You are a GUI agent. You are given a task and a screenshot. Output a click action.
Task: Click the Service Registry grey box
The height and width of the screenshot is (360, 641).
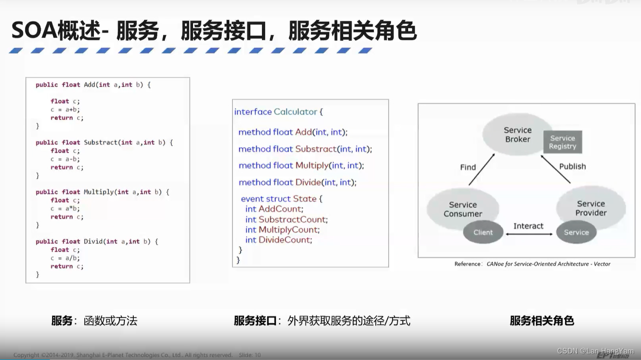point(562,142)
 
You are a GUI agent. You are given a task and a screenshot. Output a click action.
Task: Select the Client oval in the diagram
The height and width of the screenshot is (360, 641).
point(483,232)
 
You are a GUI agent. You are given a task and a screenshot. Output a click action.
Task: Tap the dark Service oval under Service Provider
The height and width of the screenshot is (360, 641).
point(576,232)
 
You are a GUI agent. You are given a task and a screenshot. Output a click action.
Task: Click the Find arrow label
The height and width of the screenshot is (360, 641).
point(468,167)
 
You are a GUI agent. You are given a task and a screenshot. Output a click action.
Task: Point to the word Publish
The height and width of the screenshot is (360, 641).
point(573,167)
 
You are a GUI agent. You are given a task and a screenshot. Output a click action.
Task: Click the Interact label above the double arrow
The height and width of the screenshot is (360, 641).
point(528,226)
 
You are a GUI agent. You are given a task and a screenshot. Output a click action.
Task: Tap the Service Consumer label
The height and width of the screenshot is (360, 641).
point(463,209)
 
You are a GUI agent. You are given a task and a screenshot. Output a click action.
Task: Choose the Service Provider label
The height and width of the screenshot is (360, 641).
point(591,208)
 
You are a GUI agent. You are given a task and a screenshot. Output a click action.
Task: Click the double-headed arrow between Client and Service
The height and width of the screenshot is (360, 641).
point(529,234)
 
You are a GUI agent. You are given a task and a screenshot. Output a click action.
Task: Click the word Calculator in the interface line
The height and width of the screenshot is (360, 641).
point(295,112)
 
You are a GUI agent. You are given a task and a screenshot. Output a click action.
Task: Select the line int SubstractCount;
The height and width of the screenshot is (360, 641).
point(286,219)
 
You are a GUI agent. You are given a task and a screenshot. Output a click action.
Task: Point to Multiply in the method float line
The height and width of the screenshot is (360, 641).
point(312,166)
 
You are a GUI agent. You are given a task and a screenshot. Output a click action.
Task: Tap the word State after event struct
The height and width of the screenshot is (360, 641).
point(305,199)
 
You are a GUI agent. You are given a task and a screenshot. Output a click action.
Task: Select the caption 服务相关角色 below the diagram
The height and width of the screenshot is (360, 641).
point(541,321)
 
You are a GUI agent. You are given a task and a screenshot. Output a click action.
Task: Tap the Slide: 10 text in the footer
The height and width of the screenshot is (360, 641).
point(250,355)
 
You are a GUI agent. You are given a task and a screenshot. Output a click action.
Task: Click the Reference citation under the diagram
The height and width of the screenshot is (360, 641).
point(532,264)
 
